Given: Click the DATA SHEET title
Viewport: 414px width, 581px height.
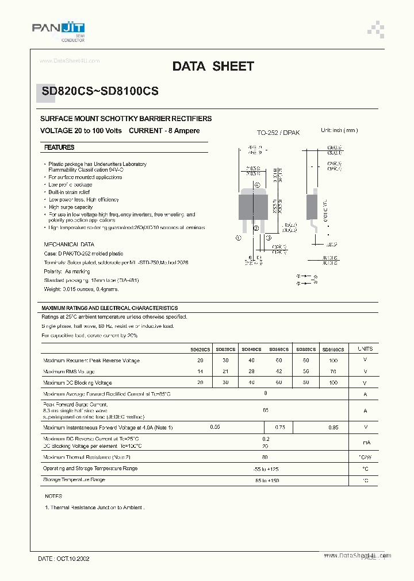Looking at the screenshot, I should point(213,67).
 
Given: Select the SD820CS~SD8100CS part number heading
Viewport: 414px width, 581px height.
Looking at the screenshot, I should point(99,91).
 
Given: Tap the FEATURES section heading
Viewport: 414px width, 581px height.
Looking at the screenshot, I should point(59,148).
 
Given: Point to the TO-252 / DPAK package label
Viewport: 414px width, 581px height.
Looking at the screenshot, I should point(278,133).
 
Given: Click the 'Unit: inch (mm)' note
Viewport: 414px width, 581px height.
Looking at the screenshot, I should point(339,131).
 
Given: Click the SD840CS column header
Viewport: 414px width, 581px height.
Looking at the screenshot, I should point(251,349).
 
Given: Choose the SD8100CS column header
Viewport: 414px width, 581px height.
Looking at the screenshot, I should point(333,349).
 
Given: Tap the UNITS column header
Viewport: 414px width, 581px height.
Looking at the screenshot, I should point(365,348).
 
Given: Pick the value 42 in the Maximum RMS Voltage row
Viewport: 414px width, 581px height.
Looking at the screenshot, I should point(279,371).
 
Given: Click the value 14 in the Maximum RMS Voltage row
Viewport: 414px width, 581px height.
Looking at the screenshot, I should point(200,371).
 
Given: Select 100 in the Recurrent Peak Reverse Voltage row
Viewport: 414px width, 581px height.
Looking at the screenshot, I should point(333,361).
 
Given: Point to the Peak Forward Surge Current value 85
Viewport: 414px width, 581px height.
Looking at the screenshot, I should point(265,410).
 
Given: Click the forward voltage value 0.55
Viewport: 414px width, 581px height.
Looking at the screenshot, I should point(215,427).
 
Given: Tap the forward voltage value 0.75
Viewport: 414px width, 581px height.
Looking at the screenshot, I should point(280,427).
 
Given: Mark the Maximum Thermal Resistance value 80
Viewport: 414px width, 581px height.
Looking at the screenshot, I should point(265,457).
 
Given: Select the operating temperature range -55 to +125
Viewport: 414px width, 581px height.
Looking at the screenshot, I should point(265,469).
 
